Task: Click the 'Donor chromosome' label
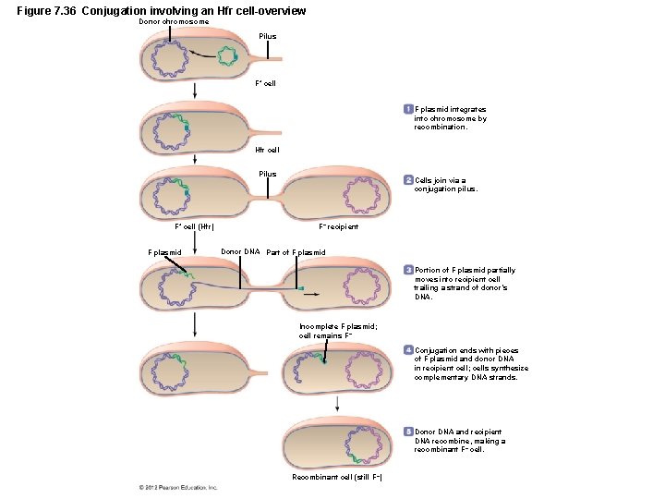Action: pos(174,21)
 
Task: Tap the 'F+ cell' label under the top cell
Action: pos(265,83)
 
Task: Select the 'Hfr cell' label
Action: pos(266,149)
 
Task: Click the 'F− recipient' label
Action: pos(338,226)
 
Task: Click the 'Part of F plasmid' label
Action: pos(296,252)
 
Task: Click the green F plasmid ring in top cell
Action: pos(227,56)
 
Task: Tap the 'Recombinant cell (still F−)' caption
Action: pos(337,477)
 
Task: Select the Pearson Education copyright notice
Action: pos(178,487)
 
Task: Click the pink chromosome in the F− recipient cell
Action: pos(361,196)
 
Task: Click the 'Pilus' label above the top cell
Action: pos(267,36)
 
